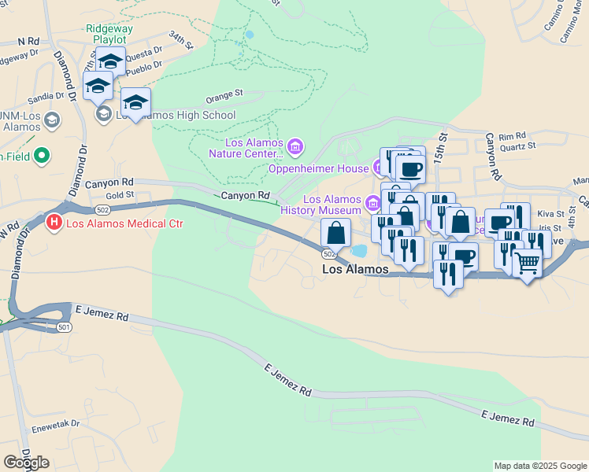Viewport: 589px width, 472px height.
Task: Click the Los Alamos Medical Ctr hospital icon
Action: [x=54, y=223]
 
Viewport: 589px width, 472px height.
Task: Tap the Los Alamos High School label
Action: [x=175, y=115]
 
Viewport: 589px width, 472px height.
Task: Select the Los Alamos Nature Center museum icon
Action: [x=296, y=146]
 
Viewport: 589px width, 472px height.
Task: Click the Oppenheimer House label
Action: [x=318, y=168]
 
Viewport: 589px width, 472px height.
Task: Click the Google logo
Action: [x=25, y=462]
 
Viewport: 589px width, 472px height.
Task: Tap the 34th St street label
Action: [x=180, y=41]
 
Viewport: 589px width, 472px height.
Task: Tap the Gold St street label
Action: [x=120, y=194]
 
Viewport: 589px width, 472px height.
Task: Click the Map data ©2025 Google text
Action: [x=539, y=466]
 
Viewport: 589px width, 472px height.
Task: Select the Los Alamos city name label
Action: [x=356, y=269]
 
